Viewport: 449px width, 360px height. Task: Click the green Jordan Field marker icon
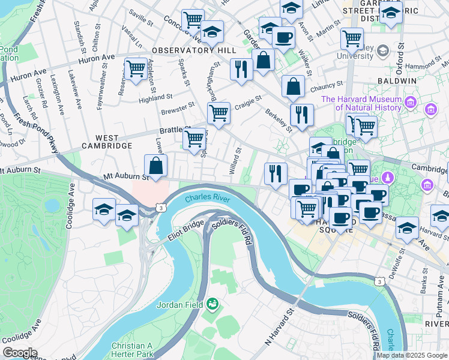[x=212, y=305]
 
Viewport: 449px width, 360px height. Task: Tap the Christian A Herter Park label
[x=136, y=350]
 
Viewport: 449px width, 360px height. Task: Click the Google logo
[x=20, y=353]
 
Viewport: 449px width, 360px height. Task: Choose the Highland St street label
[x=158, y=96]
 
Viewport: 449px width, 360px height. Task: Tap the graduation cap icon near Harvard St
[x=408, y=229]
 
